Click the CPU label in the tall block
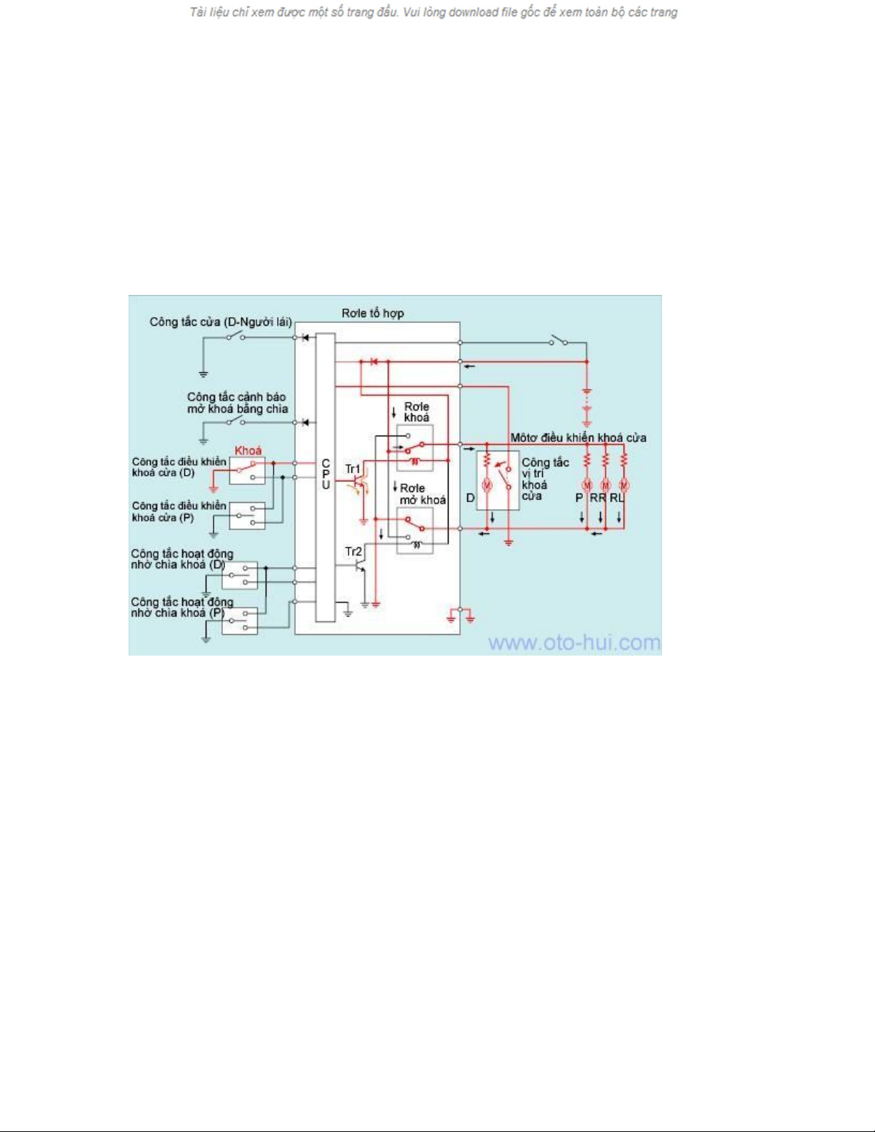[x=326, y=474]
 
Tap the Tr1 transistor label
[x=353, y=469]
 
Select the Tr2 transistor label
[x=353, y=551]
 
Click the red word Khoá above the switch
[x=248, y=451]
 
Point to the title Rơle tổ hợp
[x=373, y=313]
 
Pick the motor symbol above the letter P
[x=586, y=485]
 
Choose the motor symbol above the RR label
[x=605, y=485]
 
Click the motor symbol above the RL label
[x=624, y=485]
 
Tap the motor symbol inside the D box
[x=487, y=486]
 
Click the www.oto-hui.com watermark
[x=574, y=643]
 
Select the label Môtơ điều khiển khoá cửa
[x=578, y=438]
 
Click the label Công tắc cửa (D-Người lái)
[x=221, y=322]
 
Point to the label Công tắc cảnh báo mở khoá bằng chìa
[x=237, y=404]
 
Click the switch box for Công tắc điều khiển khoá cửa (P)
[x=247, y=516]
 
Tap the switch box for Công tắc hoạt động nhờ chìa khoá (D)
[x=239, y=575]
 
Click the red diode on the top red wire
[x=374, y=361]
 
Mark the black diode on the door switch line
[x=305, y=338]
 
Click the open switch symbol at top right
[x=559, y=341]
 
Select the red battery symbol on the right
[x=587, y=407]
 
